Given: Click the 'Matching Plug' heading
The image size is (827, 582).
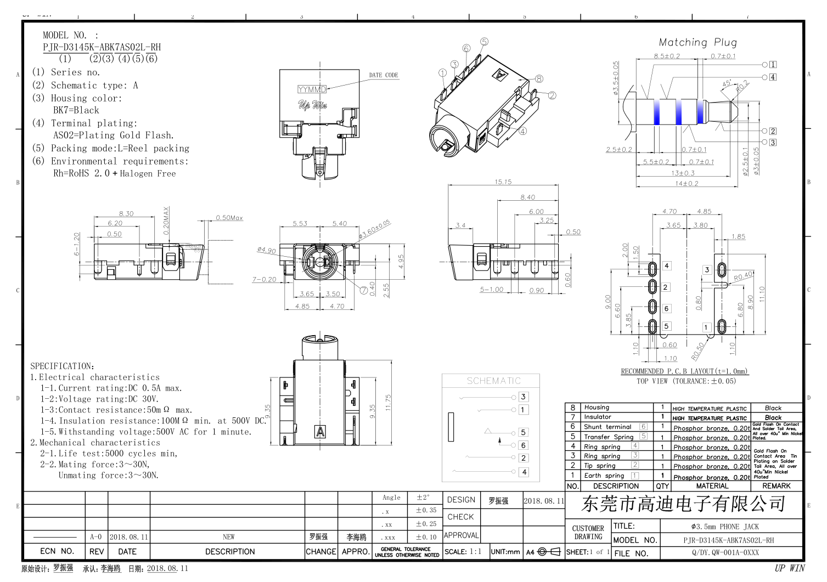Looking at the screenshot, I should [697, 42].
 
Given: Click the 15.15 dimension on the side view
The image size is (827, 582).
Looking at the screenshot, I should [503, 182].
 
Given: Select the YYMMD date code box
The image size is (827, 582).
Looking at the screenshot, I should [312, 89].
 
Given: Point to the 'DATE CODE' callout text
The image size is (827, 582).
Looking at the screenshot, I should [384, 75].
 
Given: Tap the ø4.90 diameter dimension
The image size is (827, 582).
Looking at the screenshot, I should [267, 250].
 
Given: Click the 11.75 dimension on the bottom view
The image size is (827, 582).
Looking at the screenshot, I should [388, 403].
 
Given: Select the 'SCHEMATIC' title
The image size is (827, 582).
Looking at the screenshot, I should [493, 381].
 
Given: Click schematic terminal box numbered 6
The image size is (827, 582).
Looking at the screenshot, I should [523, 445].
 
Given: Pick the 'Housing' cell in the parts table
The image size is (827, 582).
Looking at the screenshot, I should [597, 408].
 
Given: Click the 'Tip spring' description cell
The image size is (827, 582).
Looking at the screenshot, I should [599, 466].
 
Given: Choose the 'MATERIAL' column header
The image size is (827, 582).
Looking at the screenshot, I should [712, 486].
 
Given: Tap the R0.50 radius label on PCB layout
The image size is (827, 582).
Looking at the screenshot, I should [697, 352].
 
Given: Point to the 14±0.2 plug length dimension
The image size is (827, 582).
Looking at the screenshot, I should [687, 184].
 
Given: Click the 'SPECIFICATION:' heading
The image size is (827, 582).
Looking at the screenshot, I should [63, 366].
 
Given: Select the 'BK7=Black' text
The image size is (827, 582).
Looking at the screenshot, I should [76, 110].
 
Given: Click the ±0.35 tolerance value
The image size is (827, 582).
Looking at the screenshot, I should [426, 510].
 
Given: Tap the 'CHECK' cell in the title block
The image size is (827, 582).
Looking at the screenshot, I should [460, 517].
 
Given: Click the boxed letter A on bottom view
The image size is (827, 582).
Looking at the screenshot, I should [320, 432].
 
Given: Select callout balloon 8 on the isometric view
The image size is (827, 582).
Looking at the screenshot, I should [539, 79].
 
